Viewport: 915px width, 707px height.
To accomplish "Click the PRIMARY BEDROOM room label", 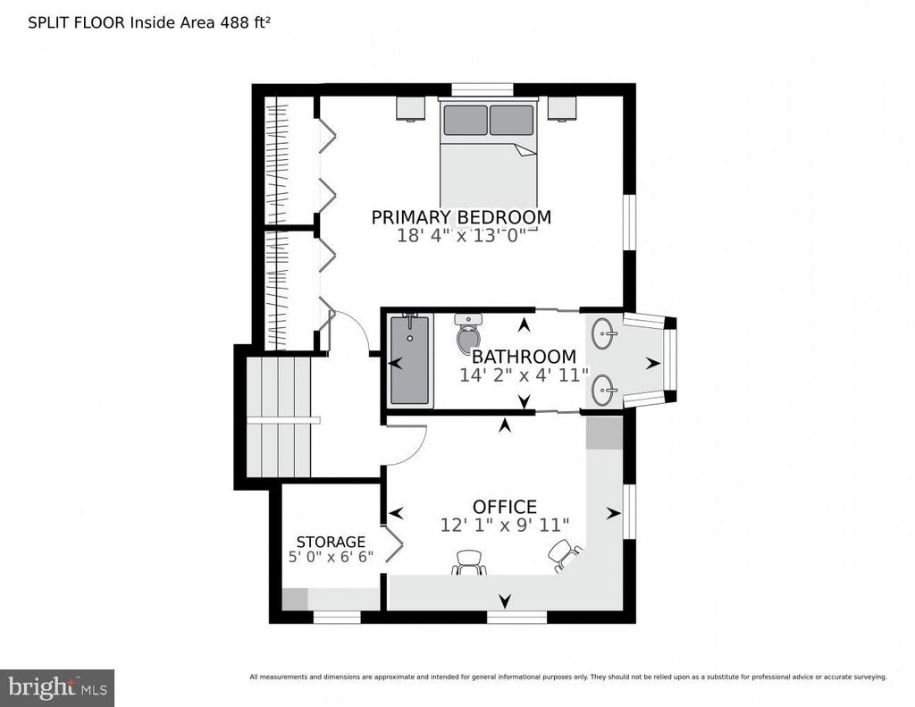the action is (x=461, y=217).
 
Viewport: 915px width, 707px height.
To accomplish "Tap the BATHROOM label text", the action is (x=524, y=356).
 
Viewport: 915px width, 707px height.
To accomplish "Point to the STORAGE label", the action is (x=331, y=542).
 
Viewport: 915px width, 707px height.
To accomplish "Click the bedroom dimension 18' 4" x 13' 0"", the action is (x=461, y=236).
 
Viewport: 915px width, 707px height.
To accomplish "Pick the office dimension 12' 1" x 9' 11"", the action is (x=504, y=525).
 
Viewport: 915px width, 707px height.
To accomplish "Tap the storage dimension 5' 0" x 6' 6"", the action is (x=331, y=557).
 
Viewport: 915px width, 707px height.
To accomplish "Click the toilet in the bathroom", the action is (x=468, y=332).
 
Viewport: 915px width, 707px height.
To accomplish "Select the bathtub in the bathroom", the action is (x=411, y=360).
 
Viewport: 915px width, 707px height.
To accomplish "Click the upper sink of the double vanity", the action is (x=604, y=333).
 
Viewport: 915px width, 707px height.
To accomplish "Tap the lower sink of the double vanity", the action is (x=604, y=389).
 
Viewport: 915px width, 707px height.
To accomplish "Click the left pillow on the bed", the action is (x=465, y=121).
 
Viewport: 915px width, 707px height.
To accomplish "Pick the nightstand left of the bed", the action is (x=410, y=108).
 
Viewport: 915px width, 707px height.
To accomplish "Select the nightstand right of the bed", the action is (x=562, y=108).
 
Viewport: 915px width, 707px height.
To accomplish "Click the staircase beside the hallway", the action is (x=279, y=417).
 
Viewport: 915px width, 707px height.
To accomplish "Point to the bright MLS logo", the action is (x=57, y=687).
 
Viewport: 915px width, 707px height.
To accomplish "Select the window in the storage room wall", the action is (x=337, y=617).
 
